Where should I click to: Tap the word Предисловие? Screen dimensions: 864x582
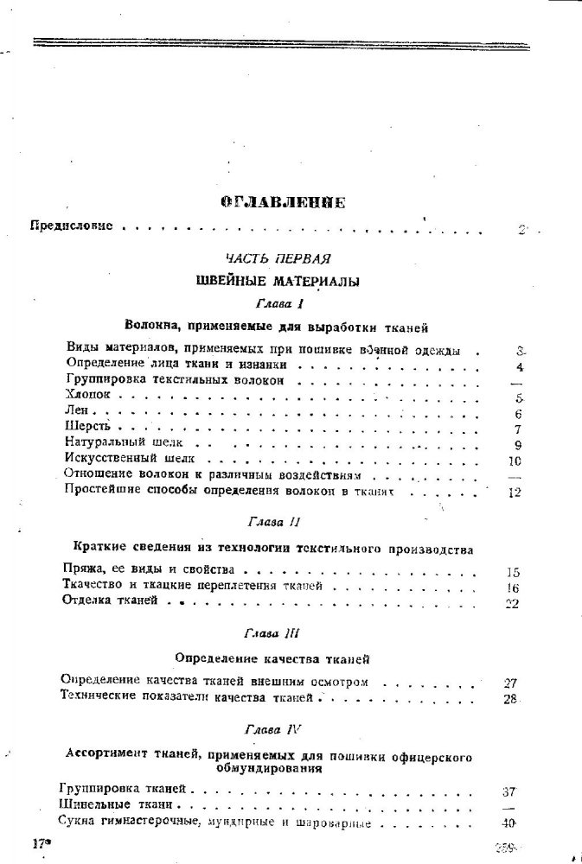point(72,227)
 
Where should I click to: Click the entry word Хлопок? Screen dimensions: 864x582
point(88,397)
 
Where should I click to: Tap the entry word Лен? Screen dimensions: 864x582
point(76,413)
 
